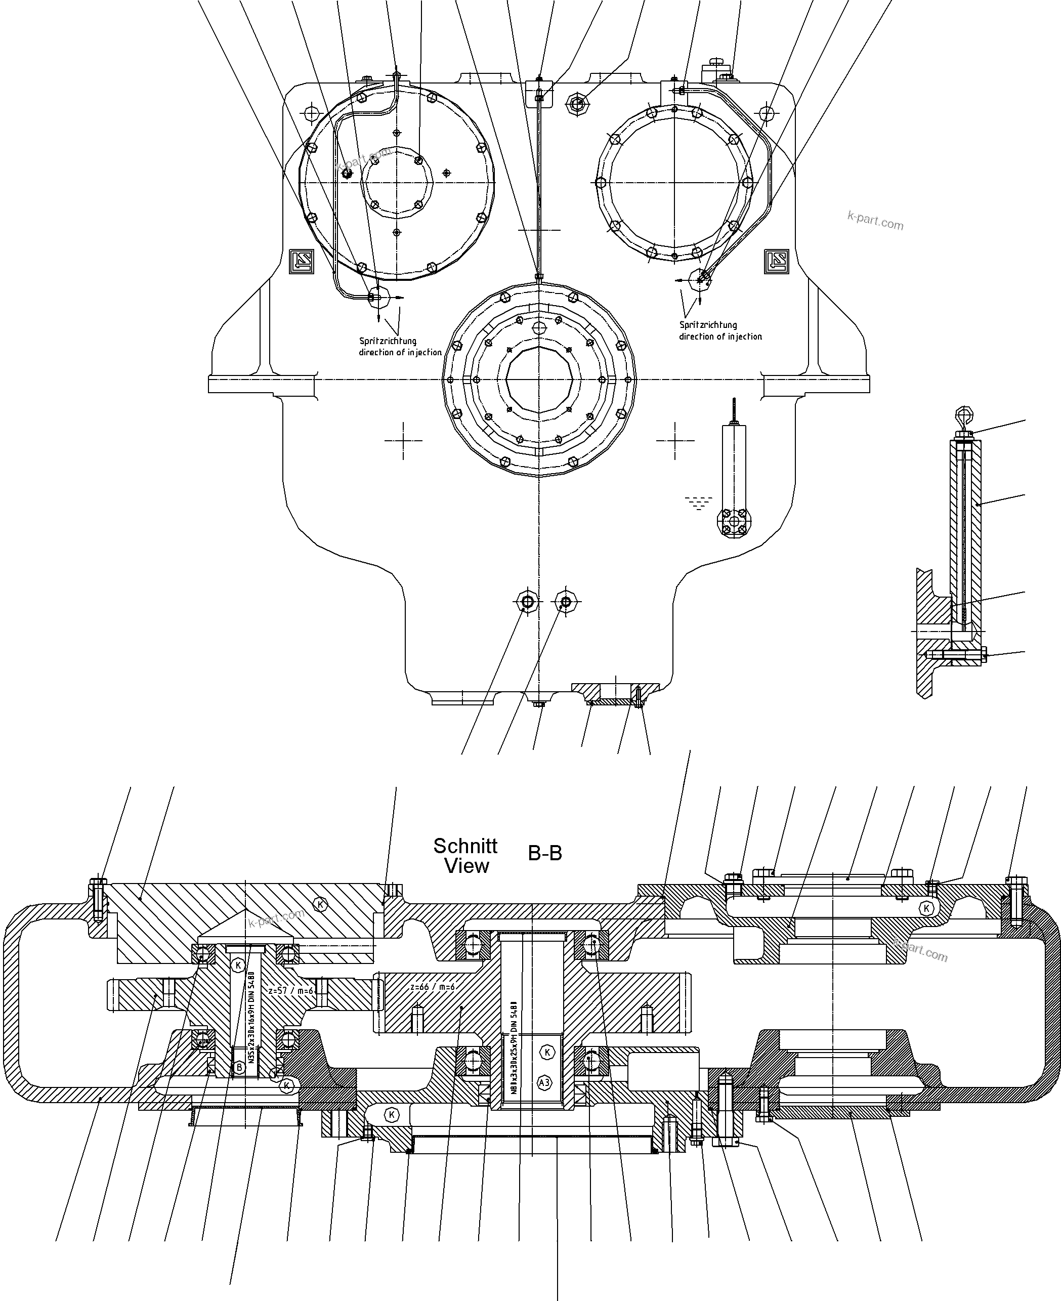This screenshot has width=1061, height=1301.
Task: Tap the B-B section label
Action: click(544, 853)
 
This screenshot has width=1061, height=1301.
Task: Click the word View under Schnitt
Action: click(466, 866)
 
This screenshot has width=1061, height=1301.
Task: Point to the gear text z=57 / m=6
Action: click(291, 991)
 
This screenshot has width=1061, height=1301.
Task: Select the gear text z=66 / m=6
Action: click(432, 986)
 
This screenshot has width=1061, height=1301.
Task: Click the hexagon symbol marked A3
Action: click(544, 1083)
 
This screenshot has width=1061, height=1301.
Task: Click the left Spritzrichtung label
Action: click(388, 341)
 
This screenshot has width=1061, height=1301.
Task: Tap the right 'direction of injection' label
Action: click(720, 336)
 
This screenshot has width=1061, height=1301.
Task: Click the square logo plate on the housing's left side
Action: click(302, 262)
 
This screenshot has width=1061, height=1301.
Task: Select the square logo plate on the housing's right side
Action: click(776, 262)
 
